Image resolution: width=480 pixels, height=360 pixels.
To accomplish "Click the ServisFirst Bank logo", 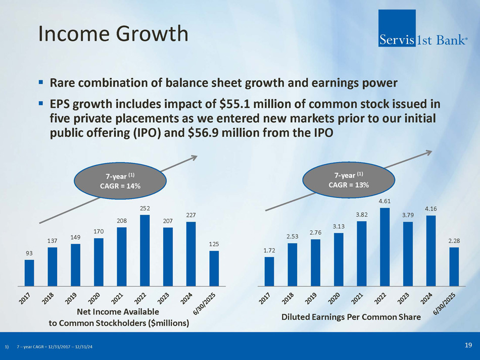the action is [423, 28].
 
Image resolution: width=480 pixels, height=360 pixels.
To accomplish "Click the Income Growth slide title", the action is [113, 33].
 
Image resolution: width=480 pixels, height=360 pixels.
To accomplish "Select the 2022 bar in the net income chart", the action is [145, 250].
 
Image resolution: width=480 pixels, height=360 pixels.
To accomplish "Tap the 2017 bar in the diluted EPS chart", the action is [269, 272].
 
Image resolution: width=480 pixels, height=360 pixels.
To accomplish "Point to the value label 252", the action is [145, 209].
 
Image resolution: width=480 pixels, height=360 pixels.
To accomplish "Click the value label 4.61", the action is [385, 201].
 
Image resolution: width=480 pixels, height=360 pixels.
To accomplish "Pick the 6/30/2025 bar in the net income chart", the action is [214, 269].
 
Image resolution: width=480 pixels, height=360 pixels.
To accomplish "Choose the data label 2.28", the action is [454, 241].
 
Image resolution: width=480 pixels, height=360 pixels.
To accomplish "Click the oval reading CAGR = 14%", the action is [120, 181].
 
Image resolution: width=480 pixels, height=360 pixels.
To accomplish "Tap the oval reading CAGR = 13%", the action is [349, 180].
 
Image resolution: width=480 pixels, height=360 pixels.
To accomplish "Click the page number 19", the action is [468, 345].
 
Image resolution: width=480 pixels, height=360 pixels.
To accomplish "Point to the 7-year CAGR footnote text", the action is [55, 347].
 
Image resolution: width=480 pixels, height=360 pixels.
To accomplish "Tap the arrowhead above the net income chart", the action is [194, 157].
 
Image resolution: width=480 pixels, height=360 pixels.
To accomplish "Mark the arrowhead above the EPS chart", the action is [428, 152].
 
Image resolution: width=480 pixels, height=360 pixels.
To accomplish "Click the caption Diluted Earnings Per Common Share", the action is [351, 317].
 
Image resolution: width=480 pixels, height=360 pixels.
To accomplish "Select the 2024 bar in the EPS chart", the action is [431, 251].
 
